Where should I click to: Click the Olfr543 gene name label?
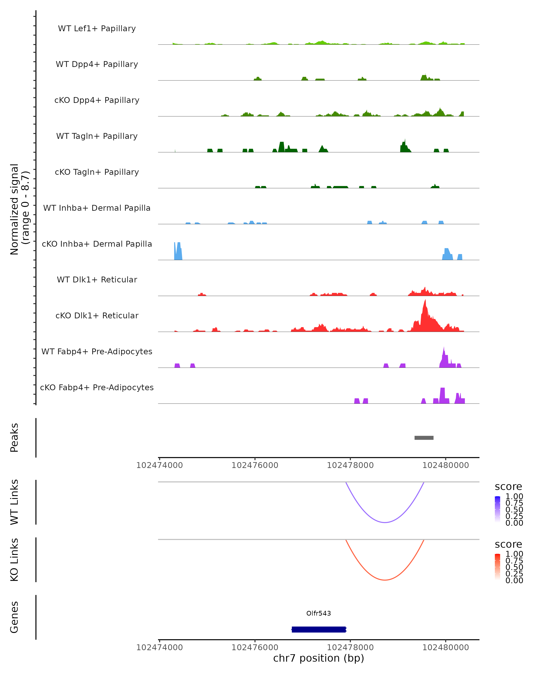coord(318,613)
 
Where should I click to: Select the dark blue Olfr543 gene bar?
coord(318,629)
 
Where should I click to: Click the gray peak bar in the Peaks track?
coord(424,438)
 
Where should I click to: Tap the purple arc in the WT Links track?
coord(385,522)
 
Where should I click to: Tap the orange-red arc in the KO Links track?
coord(385,580)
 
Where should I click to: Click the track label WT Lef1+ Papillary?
coord(97,29)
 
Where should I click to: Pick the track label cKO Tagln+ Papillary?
coord(97,172)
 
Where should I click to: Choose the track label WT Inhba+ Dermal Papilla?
coord(97,208)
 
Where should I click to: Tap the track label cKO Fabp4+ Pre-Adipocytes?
coord(97,387)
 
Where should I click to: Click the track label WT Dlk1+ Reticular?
coord(97,279)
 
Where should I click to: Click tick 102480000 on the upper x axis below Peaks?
coord(446,465)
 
